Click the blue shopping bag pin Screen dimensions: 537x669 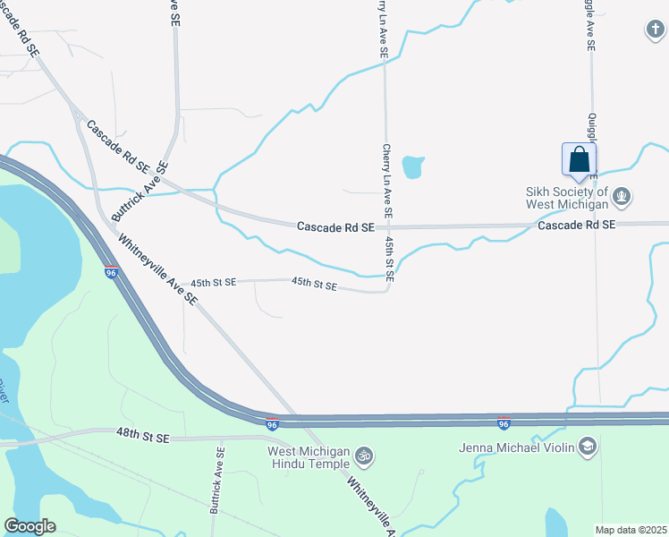tap(579, 160)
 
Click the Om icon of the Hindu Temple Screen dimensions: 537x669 tap(363, 456)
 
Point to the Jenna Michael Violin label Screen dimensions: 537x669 tap(515, 447)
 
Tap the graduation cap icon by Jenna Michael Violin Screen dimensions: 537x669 tap(588, 446)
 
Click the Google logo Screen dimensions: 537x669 tap(30, 526)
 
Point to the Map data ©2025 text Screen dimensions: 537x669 tap(631, 530)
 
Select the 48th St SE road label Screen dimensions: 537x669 tap(141, 437)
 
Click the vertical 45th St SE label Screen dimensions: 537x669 tap(390, 260)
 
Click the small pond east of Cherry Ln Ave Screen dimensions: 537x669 tap(412, 166)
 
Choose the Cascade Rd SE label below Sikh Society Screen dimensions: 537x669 tap(576, 226)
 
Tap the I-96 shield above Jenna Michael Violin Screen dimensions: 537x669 tap(504, 422)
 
